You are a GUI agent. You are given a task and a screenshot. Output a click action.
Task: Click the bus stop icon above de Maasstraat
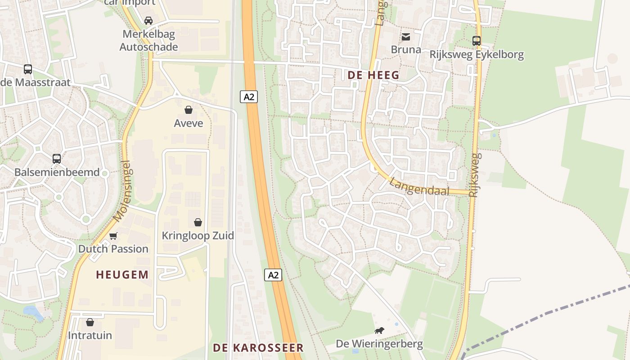tap(28, 69)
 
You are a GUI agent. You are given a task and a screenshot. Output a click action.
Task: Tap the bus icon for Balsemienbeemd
tap(57, 159)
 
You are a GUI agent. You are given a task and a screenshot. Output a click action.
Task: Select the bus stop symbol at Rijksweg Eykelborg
tap(477, 41)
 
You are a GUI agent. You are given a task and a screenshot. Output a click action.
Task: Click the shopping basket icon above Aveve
tap(189, 110)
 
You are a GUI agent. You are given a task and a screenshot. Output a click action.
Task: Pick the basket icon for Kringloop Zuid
tap(198, 222)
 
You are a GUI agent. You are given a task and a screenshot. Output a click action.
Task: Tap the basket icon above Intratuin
tap(90, 322)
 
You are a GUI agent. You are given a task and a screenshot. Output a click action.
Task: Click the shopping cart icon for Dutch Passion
tap(113, 236)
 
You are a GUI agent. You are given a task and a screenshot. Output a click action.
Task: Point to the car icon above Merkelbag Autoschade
tap(148, 20)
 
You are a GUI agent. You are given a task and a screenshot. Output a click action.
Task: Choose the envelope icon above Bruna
tap(406, 36)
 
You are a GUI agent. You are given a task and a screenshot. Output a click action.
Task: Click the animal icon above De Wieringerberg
tap(379, 331)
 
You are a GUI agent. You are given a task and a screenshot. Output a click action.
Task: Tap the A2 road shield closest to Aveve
tap(249, 96)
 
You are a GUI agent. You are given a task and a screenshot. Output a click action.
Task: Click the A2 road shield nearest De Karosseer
tap(273, 275)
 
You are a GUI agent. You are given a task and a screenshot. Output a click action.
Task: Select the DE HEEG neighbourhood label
tap(373, 75)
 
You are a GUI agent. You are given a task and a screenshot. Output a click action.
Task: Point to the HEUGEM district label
tap(122, 274)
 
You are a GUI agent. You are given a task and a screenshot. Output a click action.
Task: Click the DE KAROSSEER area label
tap(258, 348)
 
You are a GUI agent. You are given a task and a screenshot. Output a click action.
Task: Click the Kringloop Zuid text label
tap(198, 235)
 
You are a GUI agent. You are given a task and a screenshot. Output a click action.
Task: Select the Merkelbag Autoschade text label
tap(148, 40)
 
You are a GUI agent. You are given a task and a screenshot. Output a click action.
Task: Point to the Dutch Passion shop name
tap(113, 249)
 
